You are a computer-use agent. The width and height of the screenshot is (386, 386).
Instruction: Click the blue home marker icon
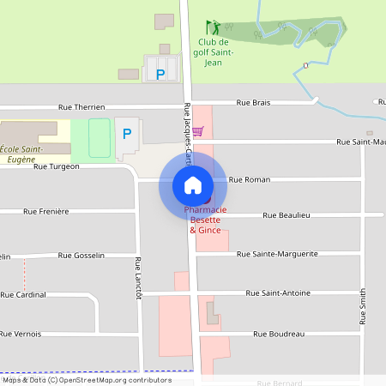(192, 184)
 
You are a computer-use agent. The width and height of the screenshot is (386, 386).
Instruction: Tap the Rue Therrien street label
(81, 107)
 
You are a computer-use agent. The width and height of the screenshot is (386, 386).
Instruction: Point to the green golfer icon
(213, 28)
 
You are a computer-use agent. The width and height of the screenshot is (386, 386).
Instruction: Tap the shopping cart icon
(198, 131)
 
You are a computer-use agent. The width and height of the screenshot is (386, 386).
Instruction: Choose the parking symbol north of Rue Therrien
(160, 74)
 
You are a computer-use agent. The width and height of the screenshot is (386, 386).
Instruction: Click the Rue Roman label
(250, 179)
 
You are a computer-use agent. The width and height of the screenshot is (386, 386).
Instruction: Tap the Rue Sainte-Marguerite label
(277, 254)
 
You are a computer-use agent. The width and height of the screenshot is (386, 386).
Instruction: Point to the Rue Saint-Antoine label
(278, 293)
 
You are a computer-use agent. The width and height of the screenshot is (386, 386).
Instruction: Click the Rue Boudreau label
(279, 334)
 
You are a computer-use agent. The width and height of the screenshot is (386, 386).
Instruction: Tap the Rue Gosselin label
(81, 256)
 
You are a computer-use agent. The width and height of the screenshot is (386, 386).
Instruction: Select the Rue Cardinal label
(23, 294)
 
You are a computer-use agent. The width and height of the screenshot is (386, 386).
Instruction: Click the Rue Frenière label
(46, 211)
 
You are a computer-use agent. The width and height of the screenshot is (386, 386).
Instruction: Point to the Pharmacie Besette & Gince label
(205, 220)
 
